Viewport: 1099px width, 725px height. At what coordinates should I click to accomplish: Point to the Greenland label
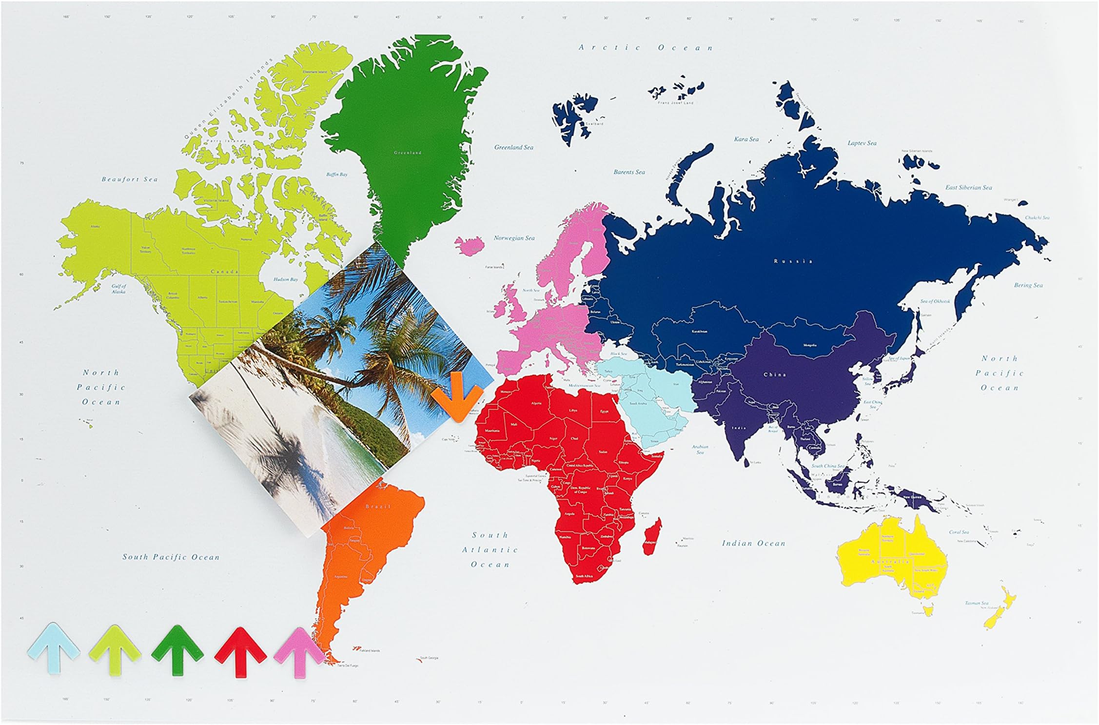[408, 153]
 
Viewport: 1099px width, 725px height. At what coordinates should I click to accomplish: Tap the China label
[775, 374]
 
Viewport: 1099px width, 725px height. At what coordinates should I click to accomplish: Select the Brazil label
[378, 507]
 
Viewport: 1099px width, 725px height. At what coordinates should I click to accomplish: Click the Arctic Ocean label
[646, 48]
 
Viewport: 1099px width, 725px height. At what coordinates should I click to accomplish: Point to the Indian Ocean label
[753, 543]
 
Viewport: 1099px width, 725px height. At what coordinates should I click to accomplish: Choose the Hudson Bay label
[285, 279]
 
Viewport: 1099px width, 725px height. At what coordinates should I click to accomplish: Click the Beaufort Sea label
[130, 179]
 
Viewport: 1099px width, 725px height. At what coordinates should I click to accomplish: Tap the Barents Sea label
[629, 172]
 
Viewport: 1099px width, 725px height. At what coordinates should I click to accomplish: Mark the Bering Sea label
[1028, 285]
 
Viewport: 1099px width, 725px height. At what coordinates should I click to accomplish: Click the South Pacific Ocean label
[171, 557]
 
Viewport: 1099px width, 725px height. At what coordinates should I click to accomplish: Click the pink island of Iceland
[470, 244]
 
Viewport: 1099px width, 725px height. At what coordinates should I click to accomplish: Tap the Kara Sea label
[746, 139]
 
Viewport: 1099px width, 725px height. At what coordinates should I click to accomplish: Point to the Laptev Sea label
[862, 143]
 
